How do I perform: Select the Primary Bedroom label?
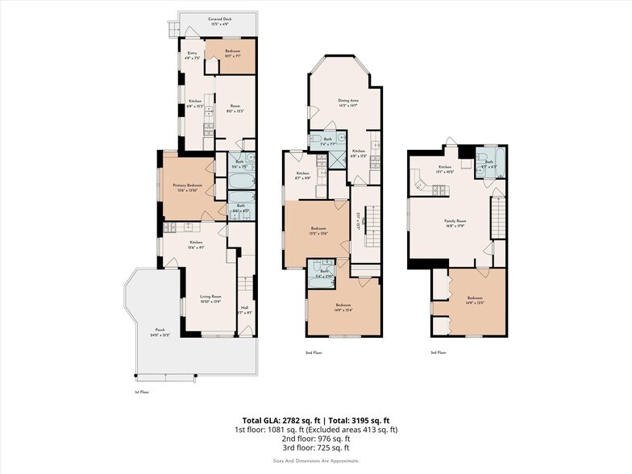[x=187, y=188]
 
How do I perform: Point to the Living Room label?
[x=211, y=299]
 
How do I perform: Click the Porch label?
[x=161, y=331]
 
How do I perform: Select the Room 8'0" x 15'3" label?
[x=235, y=108]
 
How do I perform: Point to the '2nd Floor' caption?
[x=313, y=353]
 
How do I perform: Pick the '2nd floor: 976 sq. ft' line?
[x=315, y=439]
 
